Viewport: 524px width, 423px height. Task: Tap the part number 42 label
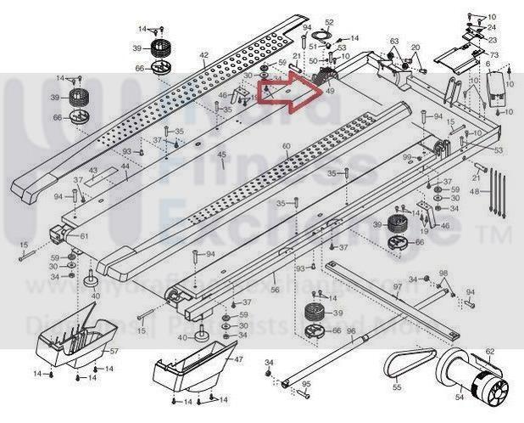(203, 56)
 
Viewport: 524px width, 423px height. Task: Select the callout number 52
(330, 22)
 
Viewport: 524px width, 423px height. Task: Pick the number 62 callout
(489, 351)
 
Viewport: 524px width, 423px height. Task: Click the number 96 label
(350, 330)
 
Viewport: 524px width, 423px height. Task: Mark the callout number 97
(396, 287)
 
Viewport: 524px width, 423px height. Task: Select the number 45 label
(221, 155)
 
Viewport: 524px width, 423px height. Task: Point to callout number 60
(287, 147)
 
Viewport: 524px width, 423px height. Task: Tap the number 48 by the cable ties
(474, 192)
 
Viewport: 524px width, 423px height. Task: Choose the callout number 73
(493, 55)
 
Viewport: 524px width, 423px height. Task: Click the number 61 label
(84, 235)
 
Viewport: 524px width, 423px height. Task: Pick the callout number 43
(92, 171)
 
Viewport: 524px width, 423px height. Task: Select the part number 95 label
(307, 384)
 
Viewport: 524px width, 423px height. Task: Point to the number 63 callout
(394, 41)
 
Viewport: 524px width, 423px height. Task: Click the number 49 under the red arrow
(330, 91)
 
